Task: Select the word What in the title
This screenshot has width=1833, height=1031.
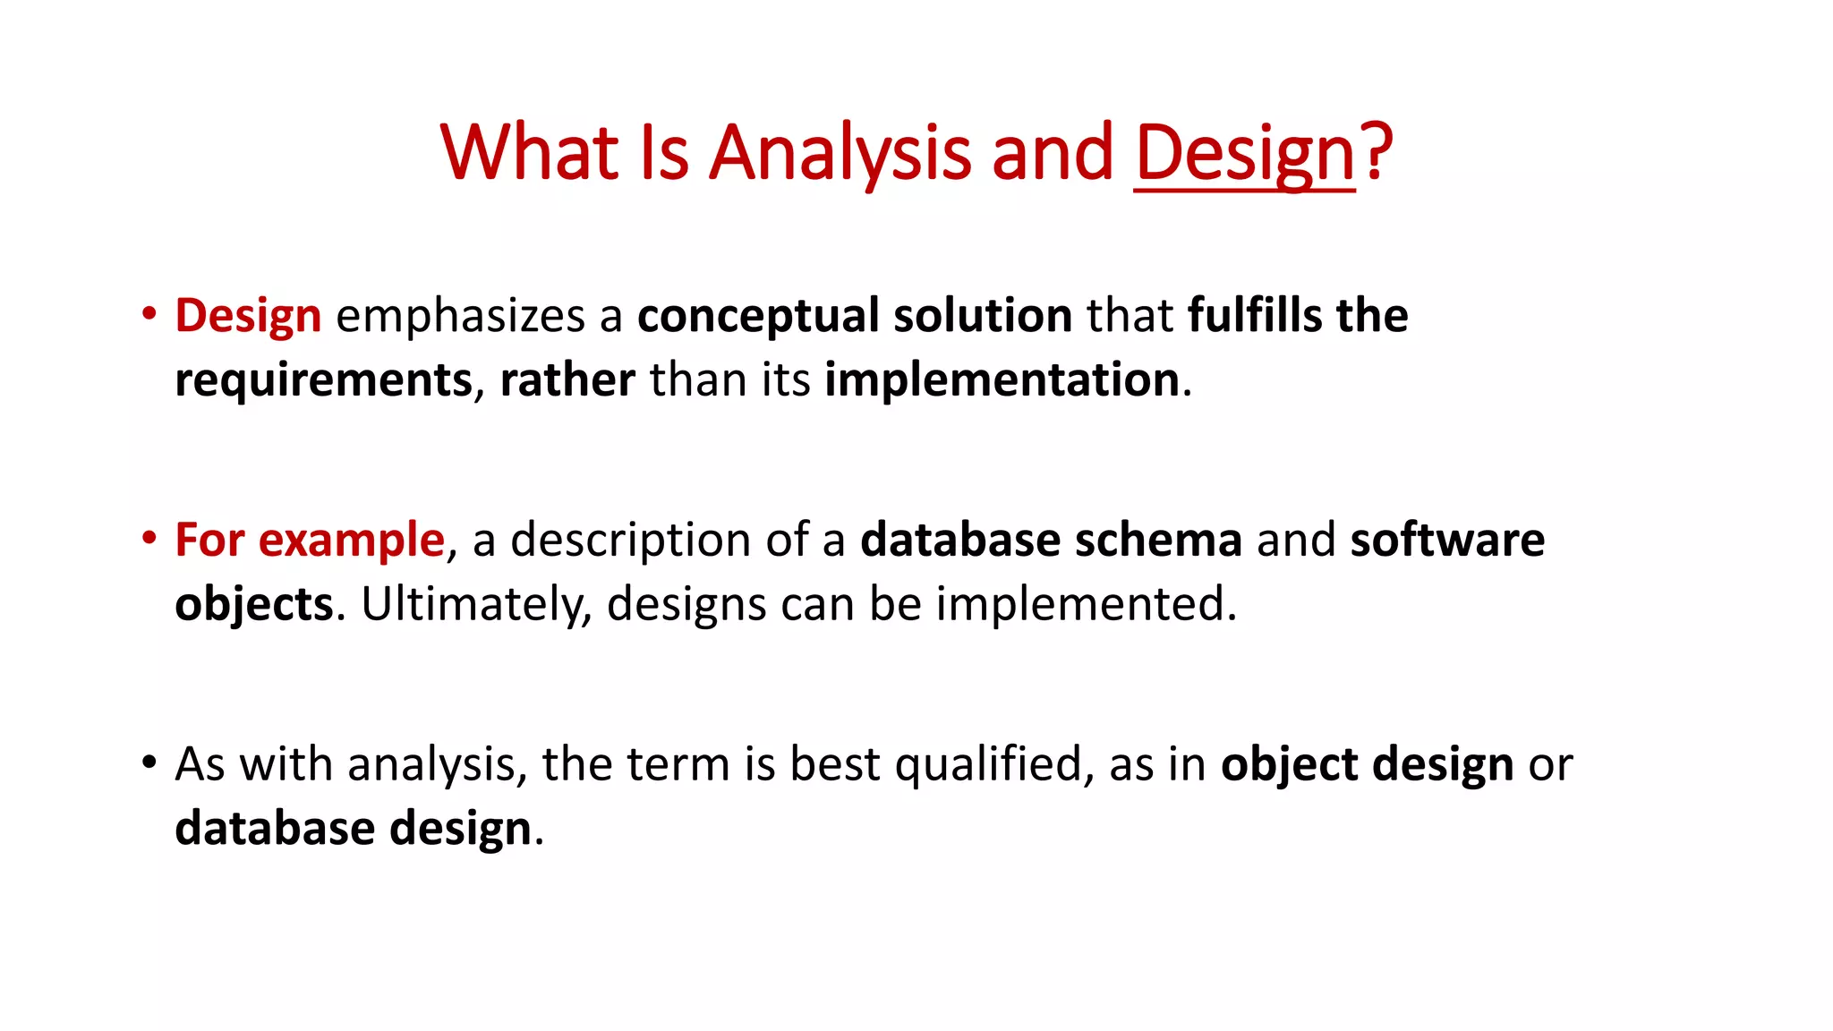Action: (x=530, y=152)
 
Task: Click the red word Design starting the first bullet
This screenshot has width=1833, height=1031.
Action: (x=248, y=316)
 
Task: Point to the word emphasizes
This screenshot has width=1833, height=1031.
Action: (x=460, y=316)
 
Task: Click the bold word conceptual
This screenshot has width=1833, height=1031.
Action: (x=757, y=316)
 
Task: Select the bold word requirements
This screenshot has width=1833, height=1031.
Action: (x=323, y=380)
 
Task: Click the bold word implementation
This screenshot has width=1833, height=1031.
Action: (x=1002, y=380)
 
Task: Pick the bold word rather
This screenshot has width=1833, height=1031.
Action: (x=567, y=380)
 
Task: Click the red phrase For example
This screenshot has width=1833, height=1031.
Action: (x=309, y=541)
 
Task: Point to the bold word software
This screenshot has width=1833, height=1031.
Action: (x=1447, y=541)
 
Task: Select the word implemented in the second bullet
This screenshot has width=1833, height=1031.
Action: (x=1086, y=604)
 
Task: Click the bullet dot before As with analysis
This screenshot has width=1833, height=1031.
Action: (x=149, y=763)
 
